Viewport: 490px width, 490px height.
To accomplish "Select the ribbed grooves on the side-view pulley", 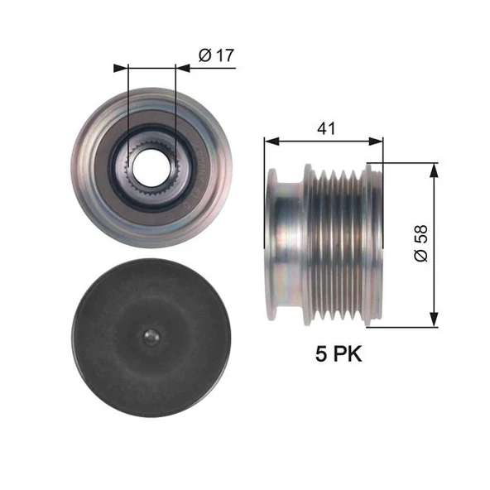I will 338,245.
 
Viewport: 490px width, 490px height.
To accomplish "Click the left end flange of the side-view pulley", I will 271,245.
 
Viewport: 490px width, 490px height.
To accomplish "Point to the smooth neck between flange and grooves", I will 291,245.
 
